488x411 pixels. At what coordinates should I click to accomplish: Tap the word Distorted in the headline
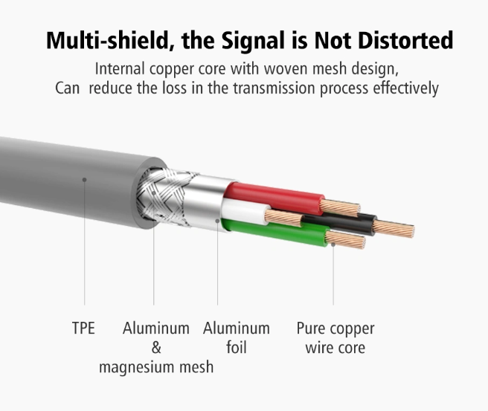click(405, 40)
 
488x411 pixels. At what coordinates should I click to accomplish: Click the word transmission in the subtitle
click(274, 88)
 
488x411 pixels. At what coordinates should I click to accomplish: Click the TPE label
click(83, 329)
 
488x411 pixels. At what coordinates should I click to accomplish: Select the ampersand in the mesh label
click(156, 348)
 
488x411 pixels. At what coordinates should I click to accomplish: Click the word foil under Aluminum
click(237, 347)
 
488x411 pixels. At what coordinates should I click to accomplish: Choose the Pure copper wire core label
click(335, 338)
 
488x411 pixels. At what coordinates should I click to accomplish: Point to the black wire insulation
click(339, 222)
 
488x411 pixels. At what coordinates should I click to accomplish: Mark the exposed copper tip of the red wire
click(340, 208)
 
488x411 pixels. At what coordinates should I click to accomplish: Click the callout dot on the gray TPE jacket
click(84, 180)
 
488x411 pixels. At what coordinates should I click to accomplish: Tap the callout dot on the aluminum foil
click(217, 221)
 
